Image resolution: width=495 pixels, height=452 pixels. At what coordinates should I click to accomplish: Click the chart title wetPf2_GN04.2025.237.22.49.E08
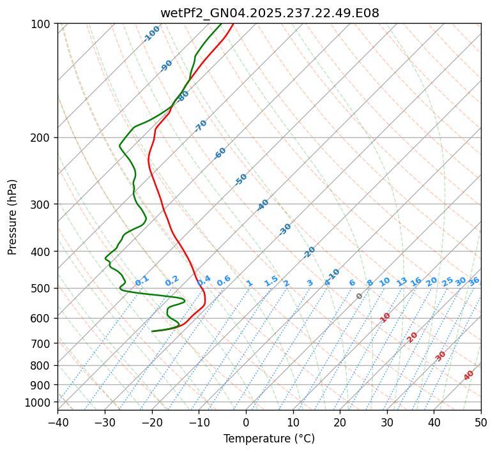269,13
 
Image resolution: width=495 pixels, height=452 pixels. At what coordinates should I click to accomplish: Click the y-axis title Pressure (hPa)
13,217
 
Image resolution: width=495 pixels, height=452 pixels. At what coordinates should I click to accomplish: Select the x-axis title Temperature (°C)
269,439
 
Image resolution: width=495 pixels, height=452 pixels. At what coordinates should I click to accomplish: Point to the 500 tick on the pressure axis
43,289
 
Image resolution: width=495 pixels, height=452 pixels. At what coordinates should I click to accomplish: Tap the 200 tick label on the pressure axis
43,138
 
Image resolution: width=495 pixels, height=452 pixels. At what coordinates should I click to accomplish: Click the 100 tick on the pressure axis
43,24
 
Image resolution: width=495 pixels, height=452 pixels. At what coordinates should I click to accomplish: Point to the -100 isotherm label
151,34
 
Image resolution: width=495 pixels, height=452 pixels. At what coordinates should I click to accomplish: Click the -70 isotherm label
201,126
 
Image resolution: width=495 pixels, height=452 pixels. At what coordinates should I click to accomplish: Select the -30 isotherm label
285,229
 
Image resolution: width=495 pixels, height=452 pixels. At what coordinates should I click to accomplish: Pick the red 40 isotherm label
469,375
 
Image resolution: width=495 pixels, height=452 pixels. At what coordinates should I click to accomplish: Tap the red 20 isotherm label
413,336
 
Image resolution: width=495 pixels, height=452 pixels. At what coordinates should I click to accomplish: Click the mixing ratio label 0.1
142,280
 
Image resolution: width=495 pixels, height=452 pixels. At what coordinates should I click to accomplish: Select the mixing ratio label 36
474,281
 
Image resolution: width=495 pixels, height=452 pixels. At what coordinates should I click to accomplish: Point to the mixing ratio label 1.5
271,280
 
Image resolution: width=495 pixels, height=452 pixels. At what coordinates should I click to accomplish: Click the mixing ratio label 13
402,282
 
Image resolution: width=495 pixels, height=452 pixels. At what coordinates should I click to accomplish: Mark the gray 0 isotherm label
360,296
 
